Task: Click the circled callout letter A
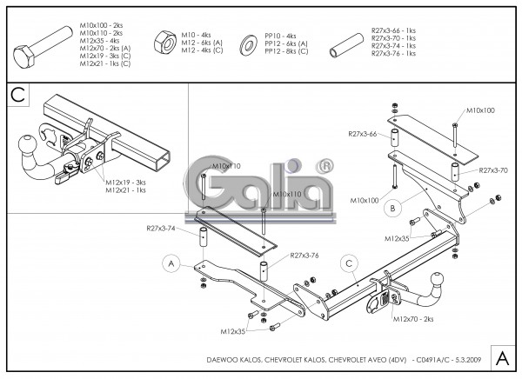click(x=171, y=263)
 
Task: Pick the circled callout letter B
click(x=393, y=208)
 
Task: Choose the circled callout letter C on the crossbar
click(x=350, y=263)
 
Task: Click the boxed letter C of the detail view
click(x=18, y=94)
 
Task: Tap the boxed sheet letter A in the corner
click(x=502, y=356)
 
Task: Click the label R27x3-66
click(x=362, y=134)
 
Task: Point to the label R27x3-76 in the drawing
click(x=306, y=256)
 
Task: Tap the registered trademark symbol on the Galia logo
click(x=324, y=164)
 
